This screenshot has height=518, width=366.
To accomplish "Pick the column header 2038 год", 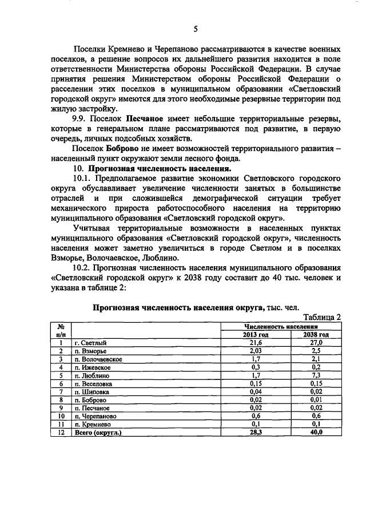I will pyautogui.click(x=316, y=334).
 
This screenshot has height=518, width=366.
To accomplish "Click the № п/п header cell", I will pyautogui.click(x=61, y=330).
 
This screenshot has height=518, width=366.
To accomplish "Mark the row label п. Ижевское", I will pyautogui.click(x=94, y=367).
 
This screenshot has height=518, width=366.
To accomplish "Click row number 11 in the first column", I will pyautogui.click(x=61, y=425).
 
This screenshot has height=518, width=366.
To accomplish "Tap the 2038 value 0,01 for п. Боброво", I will pyautogui.click(x=316, y=400).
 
